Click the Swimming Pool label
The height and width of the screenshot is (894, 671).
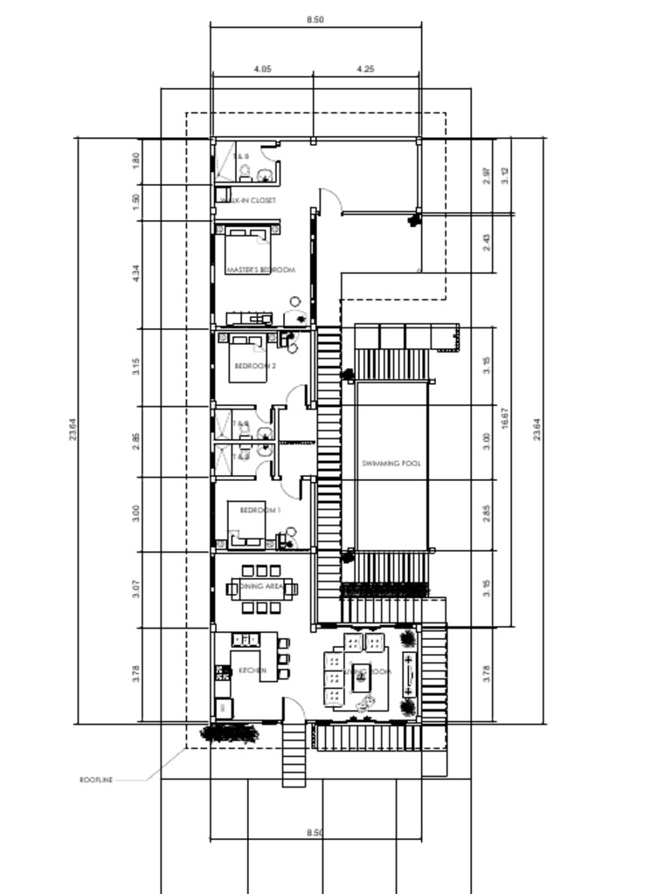point(391,464)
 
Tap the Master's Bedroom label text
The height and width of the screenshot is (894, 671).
point(260,271)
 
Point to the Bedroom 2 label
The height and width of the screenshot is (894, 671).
point(257,367)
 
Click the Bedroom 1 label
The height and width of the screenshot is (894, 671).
point(259,510)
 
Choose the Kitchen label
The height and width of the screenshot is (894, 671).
point(252,670)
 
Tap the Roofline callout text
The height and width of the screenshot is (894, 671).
point(96,780)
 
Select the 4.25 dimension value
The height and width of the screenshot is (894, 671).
point(365,69)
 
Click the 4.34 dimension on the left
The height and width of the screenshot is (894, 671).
point(135,273)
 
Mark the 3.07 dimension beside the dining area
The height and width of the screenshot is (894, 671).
point(135,589)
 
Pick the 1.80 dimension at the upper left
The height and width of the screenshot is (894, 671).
point(135,161)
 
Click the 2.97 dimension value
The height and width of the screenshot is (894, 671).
point(487,175)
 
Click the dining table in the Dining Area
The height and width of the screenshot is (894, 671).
point(260,589)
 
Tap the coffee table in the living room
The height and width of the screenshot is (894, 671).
point(361,676)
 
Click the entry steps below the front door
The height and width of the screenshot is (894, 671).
point(294,754)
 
